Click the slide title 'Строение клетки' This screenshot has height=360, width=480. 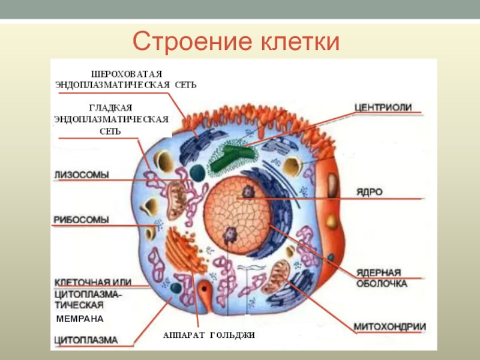pos(236,41)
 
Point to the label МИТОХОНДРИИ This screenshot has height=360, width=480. pos(389,327)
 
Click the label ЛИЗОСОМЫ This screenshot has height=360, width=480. pos(82,175)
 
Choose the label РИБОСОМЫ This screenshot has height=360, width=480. pos(82,220)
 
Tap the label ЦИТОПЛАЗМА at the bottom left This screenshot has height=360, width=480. pos(86,340)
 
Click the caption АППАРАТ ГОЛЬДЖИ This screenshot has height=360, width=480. pos(209,335)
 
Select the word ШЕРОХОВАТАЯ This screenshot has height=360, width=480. pos(130,73)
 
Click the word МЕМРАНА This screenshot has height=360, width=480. pos(80,318)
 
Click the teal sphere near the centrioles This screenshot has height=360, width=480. pos(196,173)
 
